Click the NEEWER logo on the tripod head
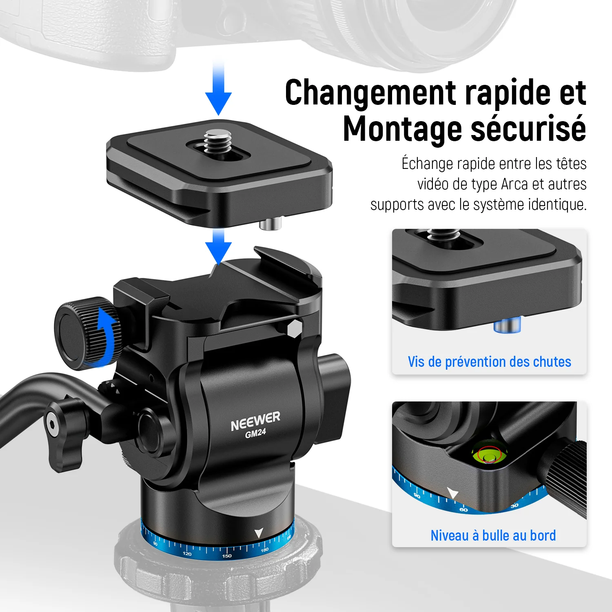pyautogui.click(x=255, y=421)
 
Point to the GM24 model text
pyautogui.click(x=255, y=433)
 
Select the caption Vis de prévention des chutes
pyautogui.click(x=489, y=362)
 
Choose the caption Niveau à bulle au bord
pyautogui.click(x=493, y=535)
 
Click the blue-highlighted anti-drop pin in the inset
pyautogui.click(x=507, y=325)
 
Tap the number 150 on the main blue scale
pyautogui.click(x=227, y=556)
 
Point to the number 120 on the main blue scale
pyautogui.click(x=187, y=554)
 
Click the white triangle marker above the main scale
pyautogui.click(x=259, y=533)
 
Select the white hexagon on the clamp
pyautogui.click(x=294, y=328)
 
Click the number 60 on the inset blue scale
pyautogui.click(x=464, y=510)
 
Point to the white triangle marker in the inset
pyautogui.click(x=452, y=493)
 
